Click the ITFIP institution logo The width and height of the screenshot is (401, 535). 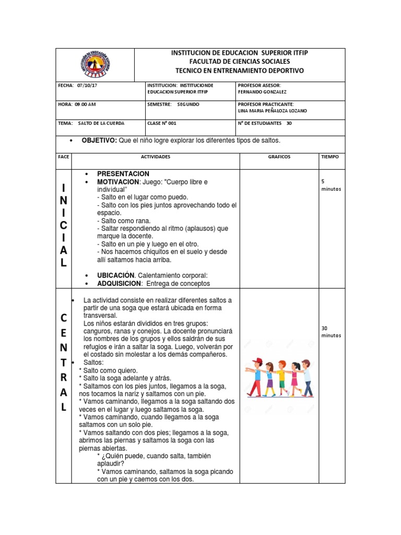[96, 65]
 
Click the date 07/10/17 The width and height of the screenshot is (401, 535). [88, 85]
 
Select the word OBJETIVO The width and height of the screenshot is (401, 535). [99, 141]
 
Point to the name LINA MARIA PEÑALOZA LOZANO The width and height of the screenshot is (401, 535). [273, 111]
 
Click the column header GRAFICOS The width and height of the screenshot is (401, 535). [279, 157]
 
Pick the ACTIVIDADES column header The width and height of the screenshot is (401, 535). [156, 157]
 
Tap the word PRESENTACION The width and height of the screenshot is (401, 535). [123, 173]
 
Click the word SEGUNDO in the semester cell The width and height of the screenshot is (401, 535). [188, 104]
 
